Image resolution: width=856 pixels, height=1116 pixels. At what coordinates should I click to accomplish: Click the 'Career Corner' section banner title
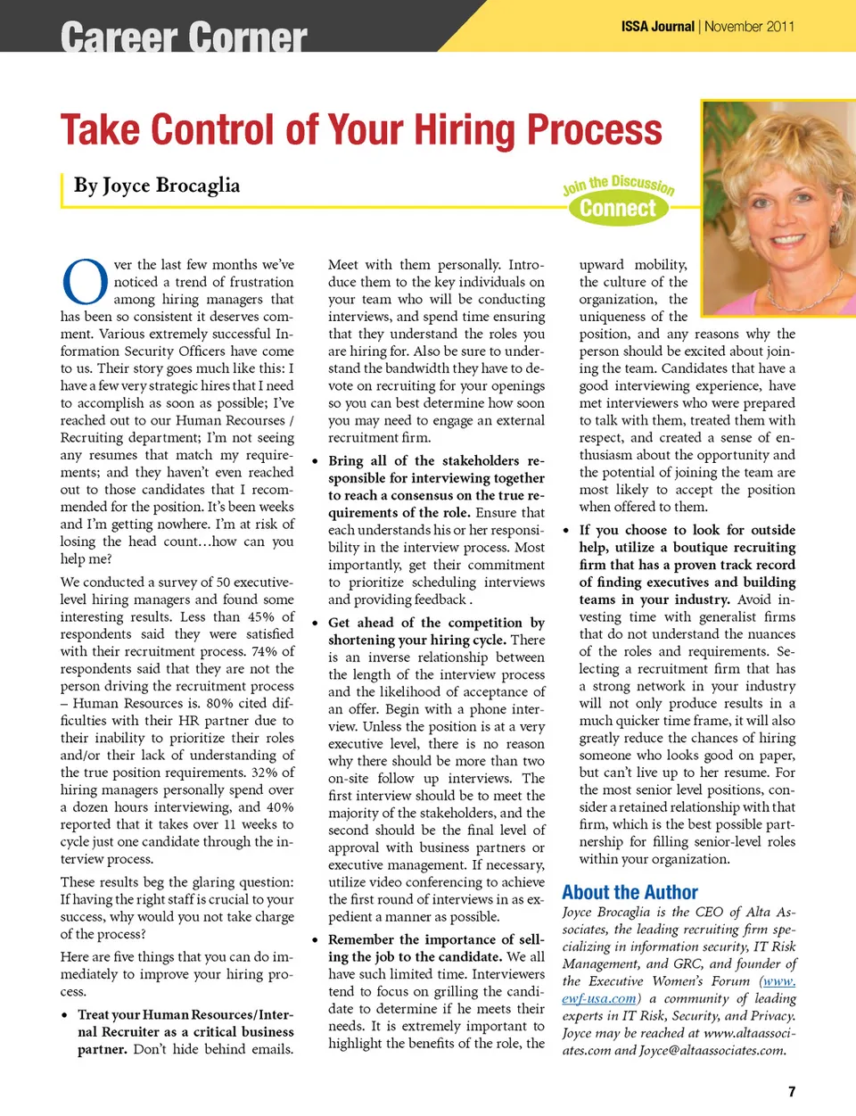[x=184, y=37]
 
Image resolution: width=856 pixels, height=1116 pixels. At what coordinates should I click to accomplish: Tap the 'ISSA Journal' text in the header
[x=657, y=27]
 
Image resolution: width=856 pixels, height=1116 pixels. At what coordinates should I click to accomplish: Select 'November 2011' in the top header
[x=749, y=27]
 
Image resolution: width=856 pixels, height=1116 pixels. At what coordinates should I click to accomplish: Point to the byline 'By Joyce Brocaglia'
[x=157, y=186]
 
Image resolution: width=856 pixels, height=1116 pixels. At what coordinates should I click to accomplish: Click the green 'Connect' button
[x=618, y=209]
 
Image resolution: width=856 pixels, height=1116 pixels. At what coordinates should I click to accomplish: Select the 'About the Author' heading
[x=630, y=892]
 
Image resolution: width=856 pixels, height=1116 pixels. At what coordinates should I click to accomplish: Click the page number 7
[x=791, y=1091]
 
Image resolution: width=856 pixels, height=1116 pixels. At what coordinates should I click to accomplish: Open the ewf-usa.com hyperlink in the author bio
[x=599, y=998]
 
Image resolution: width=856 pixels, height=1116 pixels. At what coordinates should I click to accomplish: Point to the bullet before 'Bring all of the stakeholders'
[x=316, y=461]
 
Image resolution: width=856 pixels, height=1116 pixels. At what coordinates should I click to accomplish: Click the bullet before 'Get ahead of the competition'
[x=316, y=624]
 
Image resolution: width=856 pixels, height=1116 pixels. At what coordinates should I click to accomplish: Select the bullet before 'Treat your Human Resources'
[x=65, y=1015]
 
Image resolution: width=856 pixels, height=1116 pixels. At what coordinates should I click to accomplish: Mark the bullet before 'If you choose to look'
[x=566, y=531]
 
